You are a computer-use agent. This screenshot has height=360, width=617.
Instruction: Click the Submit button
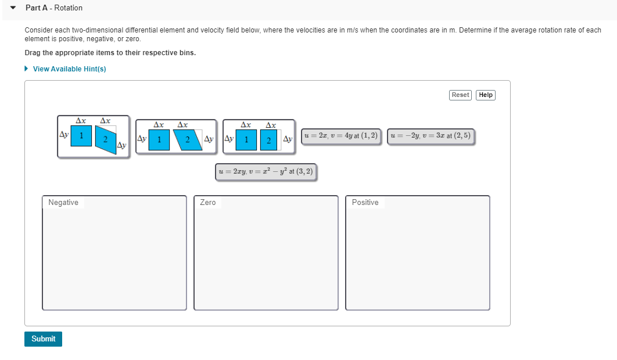pos(43,339)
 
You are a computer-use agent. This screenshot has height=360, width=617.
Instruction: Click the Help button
pos(486,95)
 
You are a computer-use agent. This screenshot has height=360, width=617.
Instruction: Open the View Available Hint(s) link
pos(69,69)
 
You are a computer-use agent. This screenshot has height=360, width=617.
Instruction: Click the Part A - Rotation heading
pos(54,8)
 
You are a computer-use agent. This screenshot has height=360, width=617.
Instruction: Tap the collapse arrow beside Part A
pos(12,8)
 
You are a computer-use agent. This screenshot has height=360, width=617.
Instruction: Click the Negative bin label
pos(63,203)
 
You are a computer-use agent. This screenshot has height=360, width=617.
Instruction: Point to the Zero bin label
pos(207,203)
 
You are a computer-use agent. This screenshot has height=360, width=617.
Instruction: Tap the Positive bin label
pos(365,203)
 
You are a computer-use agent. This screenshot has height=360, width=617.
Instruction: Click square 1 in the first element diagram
pos(82,136)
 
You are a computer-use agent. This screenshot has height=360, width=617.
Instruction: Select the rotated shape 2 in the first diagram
pos(106,140)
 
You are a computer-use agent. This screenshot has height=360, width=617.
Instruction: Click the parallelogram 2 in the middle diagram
pos(187,140)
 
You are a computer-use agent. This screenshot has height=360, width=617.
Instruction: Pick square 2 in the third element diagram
pos(268,140)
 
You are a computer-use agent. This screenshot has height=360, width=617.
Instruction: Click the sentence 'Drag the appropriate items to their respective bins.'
pos(110,53)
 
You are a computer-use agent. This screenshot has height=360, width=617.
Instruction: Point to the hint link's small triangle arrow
pos(27,69)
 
